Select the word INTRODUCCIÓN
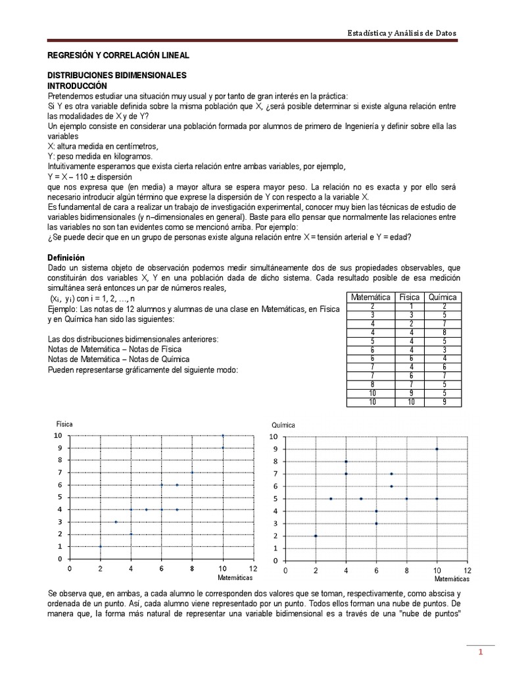coord(77,86)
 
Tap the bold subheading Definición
coord(66,257)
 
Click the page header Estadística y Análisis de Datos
coord(401,33)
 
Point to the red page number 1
coord(480,652)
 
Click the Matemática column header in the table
coord(372,298)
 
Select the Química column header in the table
coord(442,298)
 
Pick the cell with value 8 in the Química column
coord(445,332)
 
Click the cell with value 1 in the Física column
coord(410,306)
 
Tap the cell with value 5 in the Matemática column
coord(372,341)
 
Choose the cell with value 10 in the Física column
coord(410,402)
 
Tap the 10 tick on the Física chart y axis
coord(58,436)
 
